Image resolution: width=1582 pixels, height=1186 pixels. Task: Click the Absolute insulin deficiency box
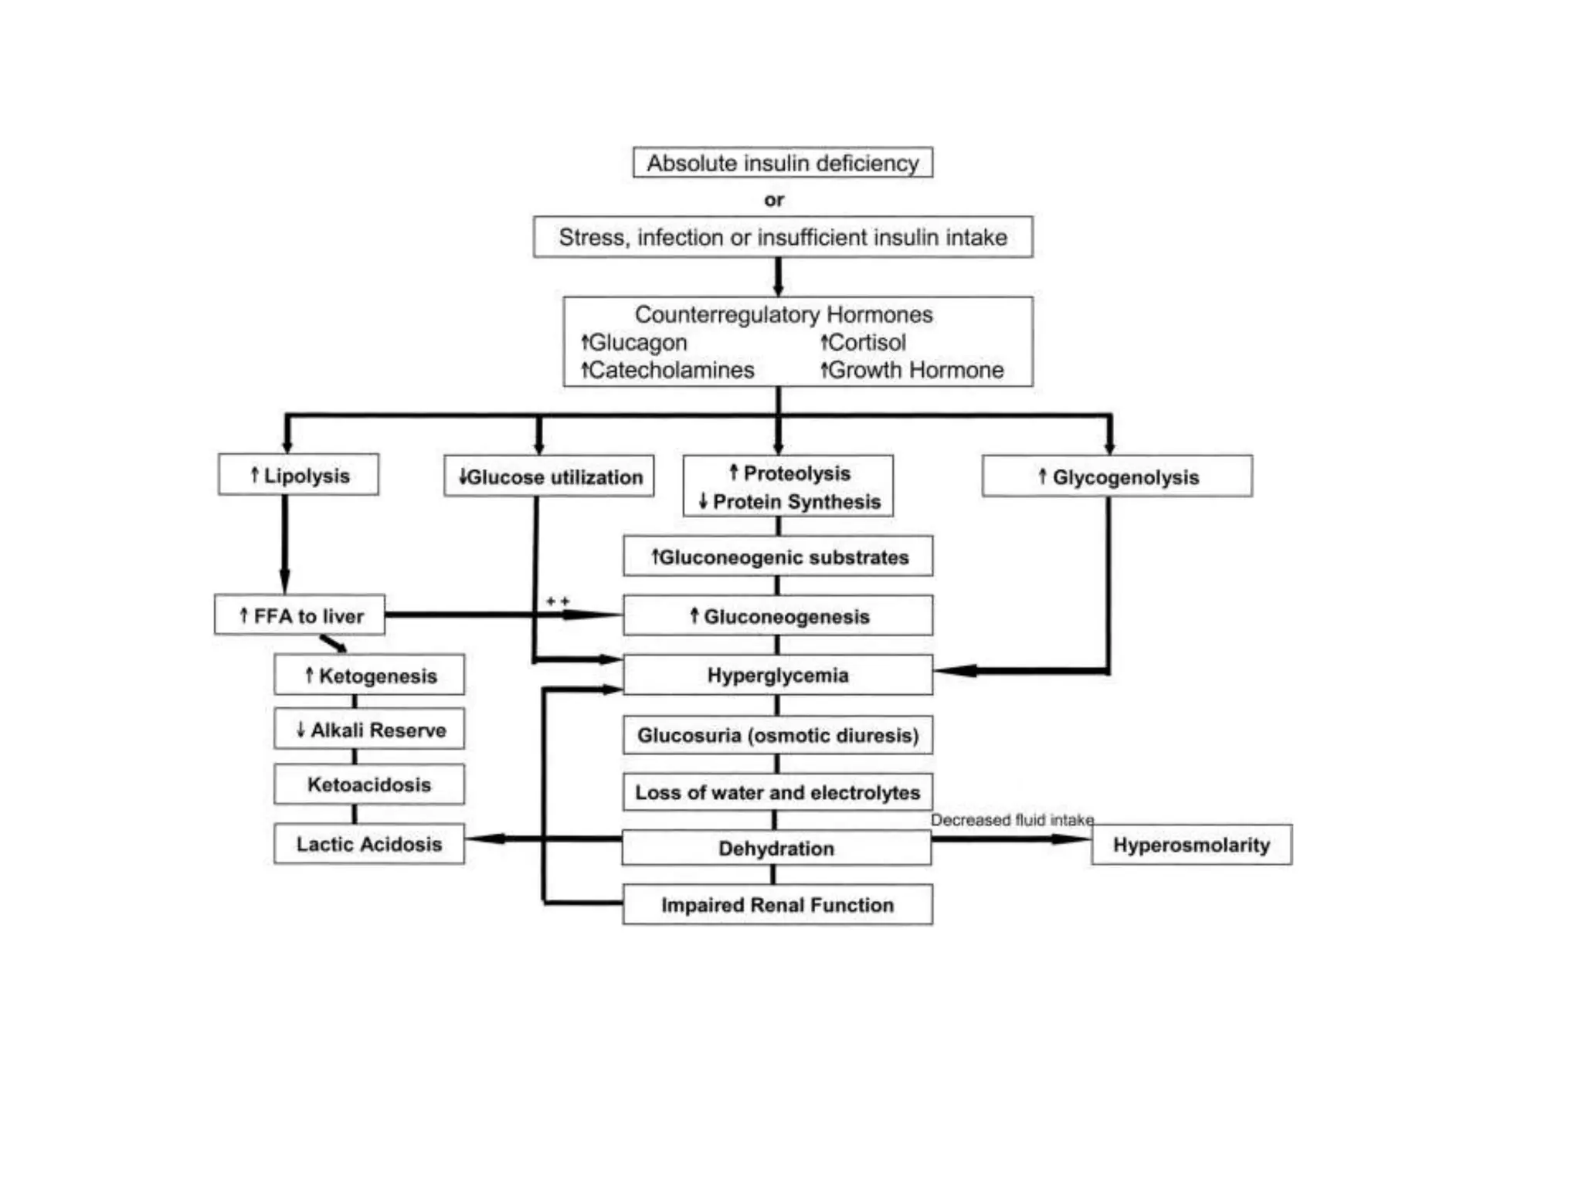click(783, 163)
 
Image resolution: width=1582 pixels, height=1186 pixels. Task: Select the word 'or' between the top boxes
click(774, 200)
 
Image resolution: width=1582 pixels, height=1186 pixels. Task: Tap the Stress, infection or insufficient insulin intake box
click(783, 237)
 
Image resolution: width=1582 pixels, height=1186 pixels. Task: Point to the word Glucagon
click(637, 342)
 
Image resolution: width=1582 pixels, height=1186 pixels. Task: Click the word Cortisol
click(867, 342)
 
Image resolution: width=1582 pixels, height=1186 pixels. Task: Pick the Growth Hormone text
click(916, 370)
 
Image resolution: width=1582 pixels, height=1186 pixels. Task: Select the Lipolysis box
click(299, 475)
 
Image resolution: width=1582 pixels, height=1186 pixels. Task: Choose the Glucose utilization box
click(549, 476)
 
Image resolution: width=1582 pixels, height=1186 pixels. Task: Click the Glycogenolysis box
click(1117, 476)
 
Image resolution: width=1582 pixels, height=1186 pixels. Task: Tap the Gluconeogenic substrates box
click(778, 557)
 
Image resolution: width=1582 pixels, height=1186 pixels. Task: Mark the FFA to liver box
click(300, 615)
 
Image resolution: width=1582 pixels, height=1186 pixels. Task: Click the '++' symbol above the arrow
click(558, 601)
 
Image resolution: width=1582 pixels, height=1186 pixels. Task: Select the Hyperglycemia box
click(778, 675)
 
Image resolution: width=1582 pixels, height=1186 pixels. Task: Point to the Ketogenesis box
click(369, 676)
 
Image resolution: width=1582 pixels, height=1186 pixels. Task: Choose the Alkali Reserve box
click(369, 730)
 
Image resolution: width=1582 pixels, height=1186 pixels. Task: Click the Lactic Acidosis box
click(369, 844)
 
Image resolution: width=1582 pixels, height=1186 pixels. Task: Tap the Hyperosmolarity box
click(1191, 845)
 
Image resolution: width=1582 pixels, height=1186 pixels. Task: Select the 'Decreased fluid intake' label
click(1012, 820)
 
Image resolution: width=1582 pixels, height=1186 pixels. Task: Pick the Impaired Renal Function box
click(777, 905)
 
